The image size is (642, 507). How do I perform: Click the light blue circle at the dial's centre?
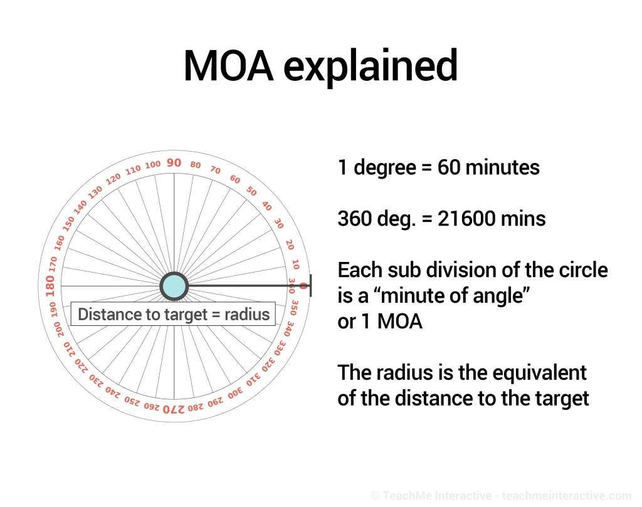pyautogui.click(x=174, y=286)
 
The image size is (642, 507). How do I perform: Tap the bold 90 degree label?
pyautogui.click(x=174, y=163)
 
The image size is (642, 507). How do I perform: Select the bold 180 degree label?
pyautogui.click(x=50, y=286)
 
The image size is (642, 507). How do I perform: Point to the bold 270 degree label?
pyautogui.click(x=174, y=409)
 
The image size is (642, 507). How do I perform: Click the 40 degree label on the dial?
pyautogui.click(x=267, y=206)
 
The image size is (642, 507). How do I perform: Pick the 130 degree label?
pyautogui.click(x=95, y=192)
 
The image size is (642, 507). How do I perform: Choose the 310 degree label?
pyautogui.click(x=253, y=380)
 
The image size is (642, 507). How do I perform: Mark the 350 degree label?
pyautogui.click(x=294, y=308)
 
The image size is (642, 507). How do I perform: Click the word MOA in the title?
pyautogui.click(x=228, y=66)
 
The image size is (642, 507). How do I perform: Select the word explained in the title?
pyautogui.click(x=371, y=66)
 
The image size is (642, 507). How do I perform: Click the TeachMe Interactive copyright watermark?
pyautogui.click(x=501, y=496)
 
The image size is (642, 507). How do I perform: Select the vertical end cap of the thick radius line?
pyautogui.click(x=311, y=286)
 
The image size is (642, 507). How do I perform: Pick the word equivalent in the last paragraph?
pyautogui.click(x=540, y=373)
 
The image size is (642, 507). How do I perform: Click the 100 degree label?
pyautogui.click(x=153, y=165)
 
